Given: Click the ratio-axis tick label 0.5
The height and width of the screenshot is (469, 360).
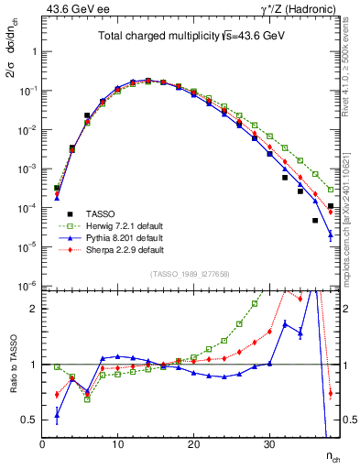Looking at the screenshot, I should pos(29,420).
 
